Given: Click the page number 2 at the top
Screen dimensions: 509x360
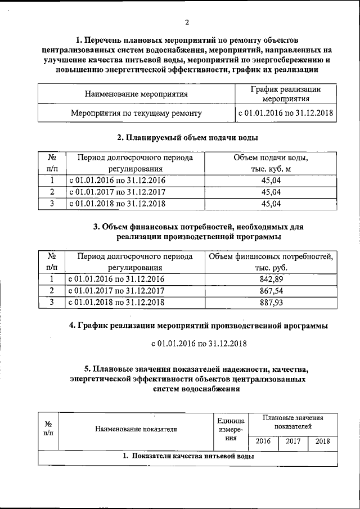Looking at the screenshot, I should point(187,22).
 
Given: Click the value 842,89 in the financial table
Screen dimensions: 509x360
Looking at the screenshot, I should point(271,278).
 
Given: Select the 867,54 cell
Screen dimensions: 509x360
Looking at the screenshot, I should point(271,290).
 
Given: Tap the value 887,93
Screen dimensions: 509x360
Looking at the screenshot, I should point(271,302).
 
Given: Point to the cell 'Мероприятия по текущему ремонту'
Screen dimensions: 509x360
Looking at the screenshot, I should point(136,113).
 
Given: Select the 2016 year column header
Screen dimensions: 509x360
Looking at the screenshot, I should point(263,441).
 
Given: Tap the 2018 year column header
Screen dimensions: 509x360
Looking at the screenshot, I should point(322,441).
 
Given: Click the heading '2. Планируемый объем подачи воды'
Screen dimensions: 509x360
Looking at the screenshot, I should point(187,137).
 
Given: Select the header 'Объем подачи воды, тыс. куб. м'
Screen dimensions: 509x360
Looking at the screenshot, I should point(271,163).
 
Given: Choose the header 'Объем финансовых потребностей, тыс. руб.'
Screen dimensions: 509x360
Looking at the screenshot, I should point(271,261).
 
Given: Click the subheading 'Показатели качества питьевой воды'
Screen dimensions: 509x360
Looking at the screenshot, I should point(188,457).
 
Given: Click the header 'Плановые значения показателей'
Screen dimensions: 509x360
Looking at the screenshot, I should point(292,422).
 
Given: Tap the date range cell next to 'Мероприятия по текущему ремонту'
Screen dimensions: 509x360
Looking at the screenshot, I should point(285,113).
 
